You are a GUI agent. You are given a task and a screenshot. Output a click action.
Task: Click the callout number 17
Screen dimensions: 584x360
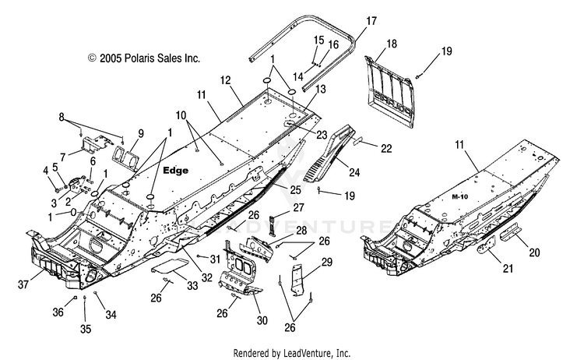pyautogui.click(x=371, y=21)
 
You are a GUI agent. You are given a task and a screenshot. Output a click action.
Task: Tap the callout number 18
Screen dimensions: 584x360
pyautogui.click(x=392, y=44)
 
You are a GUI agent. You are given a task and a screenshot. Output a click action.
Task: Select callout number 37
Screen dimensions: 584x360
pyautogui.click(x=23, y=284)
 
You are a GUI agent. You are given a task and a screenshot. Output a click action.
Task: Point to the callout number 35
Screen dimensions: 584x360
pyautogui.click(x=86, y=329)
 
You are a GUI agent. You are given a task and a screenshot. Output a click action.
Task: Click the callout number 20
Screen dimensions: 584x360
pyautogui.click(x=534, y=252)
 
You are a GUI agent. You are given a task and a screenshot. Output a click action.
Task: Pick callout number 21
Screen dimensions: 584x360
pyautogui.click(x=508, y=268)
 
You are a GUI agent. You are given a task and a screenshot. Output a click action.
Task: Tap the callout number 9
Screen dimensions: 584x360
pyautogui.click(x=141, y=133)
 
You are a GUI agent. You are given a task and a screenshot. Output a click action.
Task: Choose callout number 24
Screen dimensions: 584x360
pyautogui.click(x=354, y=172)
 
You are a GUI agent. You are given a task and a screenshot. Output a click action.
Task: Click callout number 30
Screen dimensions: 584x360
pyautogui.click(x=262, y=320)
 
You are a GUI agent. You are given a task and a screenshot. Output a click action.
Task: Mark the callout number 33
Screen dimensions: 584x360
pyautogui.click(x=192, y=286)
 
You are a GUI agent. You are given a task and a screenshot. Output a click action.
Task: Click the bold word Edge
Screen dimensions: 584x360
pyautogui.click(x=176, y=171)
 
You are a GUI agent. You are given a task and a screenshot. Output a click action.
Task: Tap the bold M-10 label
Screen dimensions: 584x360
pyautogui.click(x=459, y=197)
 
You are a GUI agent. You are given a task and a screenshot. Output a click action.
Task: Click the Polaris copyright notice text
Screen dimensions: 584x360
pyautogui.click(x=144, y=58)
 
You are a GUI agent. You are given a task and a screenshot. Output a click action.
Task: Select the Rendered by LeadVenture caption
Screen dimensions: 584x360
pyautogui.click(x=292, y=352)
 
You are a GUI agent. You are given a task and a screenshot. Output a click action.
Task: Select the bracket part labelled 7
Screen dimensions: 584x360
pyautogui.click(x=94, y=145)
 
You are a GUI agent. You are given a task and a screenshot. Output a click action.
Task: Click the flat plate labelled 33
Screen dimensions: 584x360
pyautogui.click(x=169, y=265)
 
